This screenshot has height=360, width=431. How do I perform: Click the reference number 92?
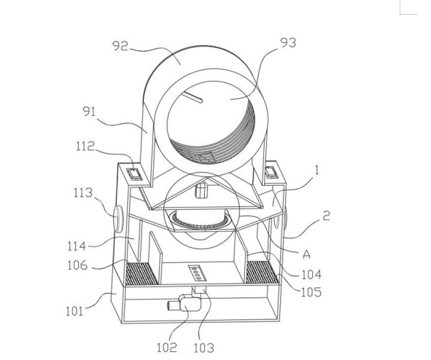(120, 46)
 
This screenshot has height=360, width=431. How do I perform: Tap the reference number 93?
(288, 43)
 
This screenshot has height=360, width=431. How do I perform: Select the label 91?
(89, 111)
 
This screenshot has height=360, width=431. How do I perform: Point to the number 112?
(85, 146)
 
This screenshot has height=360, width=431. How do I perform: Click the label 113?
(83, 193)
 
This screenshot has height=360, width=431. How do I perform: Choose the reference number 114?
(77, 246)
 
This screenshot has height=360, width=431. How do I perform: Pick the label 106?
(77, 265)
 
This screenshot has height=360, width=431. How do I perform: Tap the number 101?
(74, 311)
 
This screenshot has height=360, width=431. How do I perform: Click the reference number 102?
(167, 348)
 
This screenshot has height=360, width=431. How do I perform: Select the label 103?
(203, 348)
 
